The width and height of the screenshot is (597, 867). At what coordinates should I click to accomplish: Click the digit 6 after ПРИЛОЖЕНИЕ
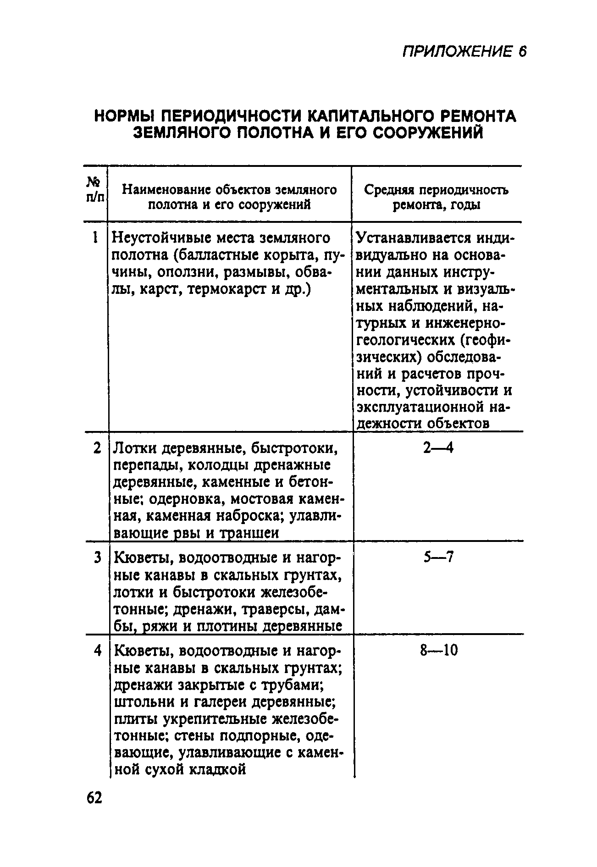(522, 52)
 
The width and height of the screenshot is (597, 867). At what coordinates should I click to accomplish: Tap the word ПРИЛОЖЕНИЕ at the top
(457, 52)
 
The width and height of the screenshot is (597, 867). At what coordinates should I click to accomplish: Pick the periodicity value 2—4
(438, 448)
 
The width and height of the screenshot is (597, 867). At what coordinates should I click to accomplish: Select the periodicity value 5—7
(438, 558)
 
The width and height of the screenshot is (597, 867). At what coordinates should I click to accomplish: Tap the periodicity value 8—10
(439, 651)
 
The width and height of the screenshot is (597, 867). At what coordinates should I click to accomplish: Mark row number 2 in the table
(96, 448)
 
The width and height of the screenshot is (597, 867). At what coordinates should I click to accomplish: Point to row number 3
(97, 558)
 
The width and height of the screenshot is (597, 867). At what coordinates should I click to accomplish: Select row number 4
(97, 651)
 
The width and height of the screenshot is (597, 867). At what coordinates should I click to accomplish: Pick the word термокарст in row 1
(218, 289)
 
